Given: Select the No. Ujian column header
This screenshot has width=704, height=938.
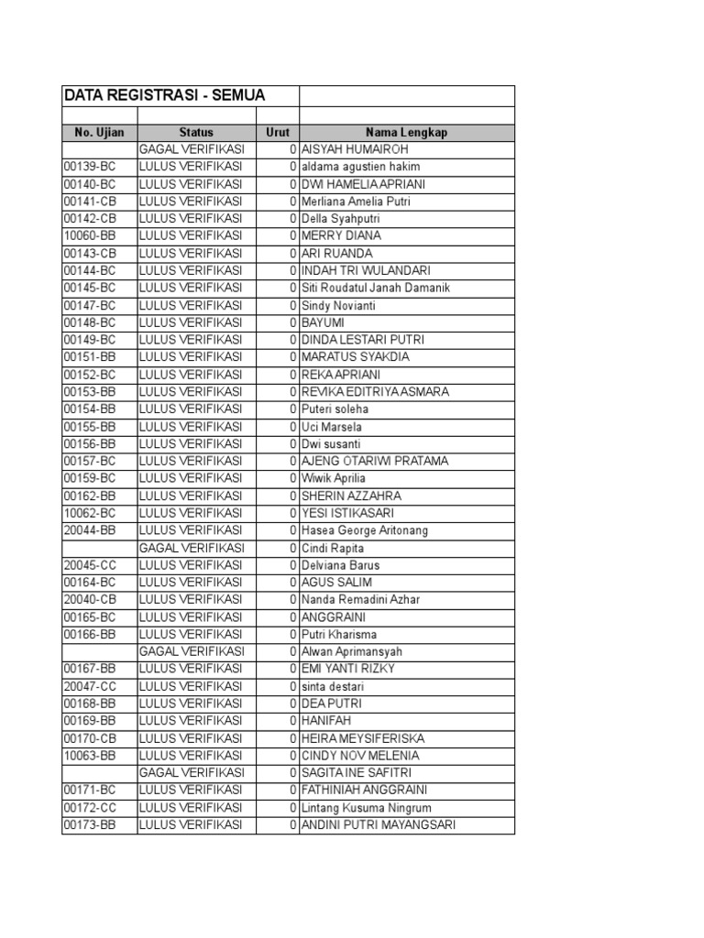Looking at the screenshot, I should tap(99, 132).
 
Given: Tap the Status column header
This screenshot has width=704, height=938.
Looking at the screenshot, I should tap(196, 132).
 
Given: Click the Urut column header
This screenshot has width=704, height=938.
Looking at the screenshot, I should tap(278, 132).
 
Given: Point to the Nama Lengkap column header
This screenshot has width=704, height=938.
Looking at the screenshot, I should tap(406, 132).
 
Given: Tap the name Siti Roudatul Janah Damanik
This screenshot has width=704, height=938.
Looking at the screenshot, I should tap(376, 288).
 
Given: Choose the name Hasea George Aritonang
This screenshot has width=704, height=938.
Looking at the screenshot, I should tap(365, 530).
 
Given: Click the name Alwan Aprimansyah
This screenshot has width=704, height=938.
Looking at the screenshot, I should tap(352, 651).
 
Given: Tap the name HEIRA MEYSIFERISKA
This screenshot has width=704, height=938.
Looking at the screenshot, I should tap(363, 738).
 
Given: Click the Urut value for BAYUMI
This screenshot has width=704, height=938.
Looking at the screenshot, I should tap(292, 322).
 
